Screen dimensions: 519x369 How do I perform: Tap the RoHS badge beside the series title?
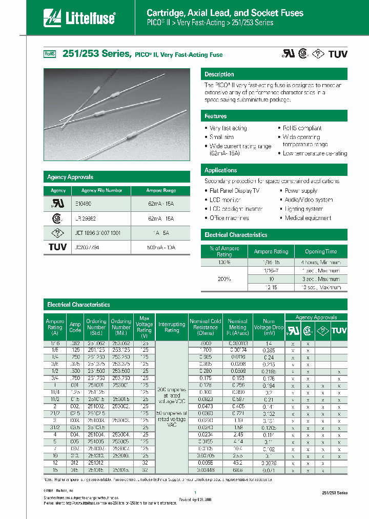coord(49,54)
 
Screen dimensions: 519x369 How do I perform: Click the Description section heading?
coord(219,74)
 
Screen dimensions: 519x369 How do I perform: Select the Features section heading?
coord(216,116)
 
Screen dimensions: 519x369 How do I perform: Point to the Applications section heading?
coord(220,170)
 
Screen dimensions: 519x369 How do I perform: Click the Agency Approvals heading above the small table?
coord(70,177)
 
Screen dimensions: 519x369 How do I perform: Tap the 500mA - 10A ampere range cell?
coord(161,247)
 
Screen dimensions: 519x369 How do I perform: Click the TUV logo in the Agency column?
coord(58,247)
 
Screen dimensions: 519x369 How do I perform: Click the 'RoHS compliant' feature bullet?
coord(302,128)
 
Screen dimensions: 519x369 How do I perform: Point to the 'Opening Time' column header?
coord(321,251)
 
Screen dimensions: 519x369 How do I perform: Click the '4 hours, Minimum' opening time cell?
coord(321,262)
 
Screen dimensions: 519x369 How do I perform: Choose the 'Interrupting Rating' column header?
coord(172,327)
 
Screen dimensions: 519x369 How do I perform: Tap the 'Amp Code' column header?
coord(75,327)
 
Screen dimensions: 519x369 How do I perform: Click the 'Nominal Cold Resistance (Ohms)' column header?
coord(206,327)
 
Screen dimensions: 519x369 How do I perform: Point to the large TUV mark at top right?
coord(338,54)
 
